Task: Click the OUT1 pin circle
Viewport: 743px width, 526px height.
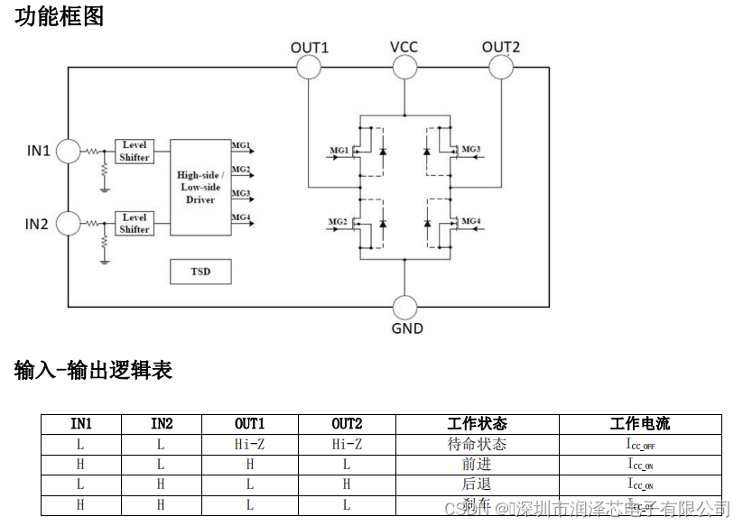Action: click(309, 67)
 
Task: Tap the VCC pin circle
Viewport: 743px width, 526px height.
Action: click(404, 67)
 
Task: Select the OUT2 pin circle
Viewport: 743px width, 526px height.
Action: click(501, 67)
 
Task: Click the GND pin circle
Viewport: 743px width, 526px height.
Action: click(405, 307)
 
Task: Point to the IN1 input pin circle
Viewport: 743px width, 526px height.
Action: click(68, 151)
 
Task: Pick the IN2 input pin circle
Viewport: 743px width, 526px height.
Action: click(68, 223)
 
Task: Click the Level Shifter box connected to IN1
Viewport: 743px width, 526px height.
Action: click(135, 151)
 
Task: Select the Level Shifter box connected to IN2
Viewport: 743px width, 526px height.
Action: click(135, 223)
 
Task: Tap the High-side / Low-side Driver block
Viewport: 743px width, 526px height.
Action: click(200, 187)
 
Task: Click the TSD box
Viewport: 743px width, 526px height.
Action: click(200, 271)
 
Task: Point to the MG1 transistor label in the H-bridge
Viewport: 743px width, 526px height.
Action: click(338, 149)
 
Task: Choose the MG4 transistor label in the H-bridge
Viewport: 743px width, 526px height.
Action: click(471, 221)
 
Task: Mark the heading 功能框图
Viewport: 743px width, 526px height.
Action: click(59, 16)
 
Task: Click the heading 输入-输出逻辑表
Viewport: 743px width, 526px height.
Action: click(93, 370)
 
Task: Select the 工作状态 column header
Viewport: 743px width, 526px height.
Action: click(477, 424)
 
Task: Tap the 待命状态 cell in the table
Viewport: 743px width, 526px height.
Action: click(477, 444)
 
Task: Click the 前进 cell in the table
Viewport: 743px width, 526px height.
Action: click(477, 464)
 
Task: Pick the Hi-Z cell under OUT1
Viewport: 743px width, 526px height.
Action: click(250, 444)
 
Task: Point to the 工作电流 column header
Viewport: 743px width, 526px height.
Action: click(640, 424)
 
